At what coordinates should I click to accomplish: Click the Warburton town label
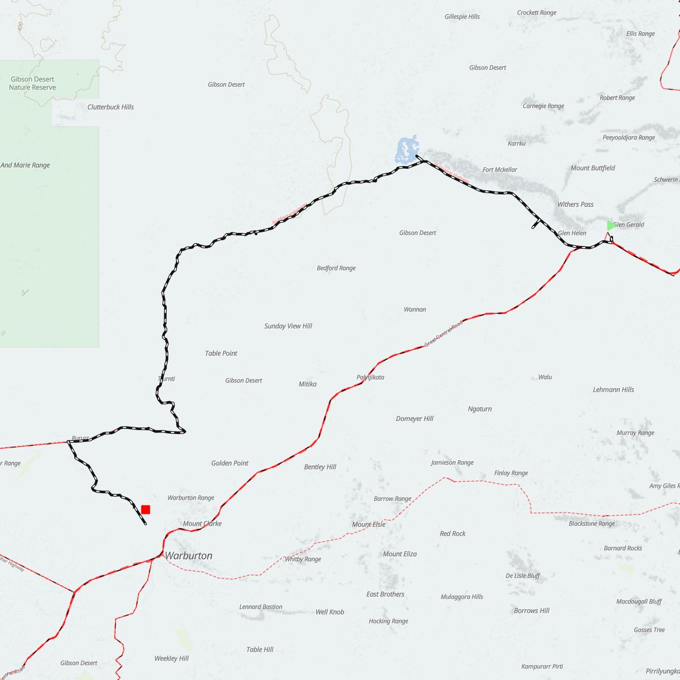pos(188,556)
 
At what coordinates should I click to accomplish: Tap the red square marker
pos(146,509)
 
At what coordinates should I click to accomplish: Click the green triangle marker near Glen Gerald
pos(610,226)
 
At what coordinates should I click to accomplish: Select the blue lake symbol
pos(406,150)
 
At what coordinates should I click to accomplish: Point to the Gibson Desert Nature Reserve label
pos(32,83)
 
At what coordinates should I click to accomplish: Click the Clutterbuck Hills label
pos(110,107)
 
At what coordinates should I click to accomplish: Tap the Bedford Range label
pos(336,268)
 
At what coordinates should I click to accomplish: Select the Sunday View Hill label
pos(288,326)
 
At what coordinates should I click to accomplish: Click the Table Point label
pos(221,353)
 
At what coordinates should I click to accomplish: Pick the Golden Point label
pos(229,463)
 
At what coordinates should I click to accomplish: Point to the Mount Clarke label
pos(202,524)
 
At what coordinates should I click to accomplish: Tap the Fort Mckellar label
pos(500,169)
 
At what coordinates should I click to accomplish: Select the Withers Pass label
pos(575,204)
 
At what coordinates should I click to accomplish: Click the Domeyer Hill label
pos(414,419)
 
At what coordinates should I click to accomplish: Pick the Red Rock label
pos(453,534)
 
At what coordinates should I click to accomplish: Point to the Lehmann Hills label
pos(613,390)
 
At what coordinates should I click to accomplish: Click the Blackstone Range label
pos(592,524)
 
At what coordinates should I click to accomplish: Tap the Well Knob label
pos(329,612)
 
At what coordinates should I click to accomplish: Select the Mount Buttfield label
pos(593,168)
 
